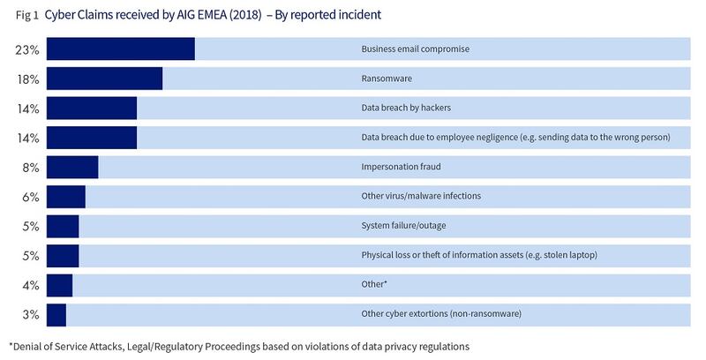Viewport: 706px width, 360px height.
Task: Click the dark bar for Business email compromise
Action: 120,49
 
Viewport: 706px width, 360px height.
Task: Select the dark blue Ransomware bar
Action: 104,79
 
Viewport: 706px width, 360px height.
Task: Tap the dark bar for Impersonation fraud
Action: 72,167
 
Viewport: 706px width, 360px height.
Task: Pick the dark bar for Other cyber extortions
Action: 56,314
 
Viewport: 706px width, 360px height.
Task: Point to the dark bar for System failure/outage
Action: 63,226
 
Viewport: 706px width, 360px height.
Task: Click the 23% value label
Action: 27,49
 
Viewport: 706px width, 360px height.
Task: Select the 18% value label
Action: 27,79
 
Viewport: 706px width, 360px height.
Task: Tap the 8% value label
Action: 30,167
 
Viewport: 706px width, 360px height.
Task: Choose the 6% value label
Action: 30,197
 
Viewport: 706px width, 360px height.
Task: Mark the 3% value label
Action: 30,314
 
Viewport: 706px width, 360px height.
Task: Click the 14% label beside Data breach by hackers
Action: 27,109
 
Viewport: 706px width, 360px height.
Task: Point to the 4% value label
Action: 30,285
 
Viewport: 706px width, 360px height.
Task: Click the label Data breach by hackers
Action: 407,108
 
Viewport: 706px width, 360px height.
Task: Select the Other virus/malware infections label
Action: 421,196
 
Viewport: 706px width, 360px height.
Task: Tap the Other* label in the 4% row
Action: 375,284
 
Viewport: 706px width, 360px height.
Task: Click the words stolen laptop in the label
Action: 569,255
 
